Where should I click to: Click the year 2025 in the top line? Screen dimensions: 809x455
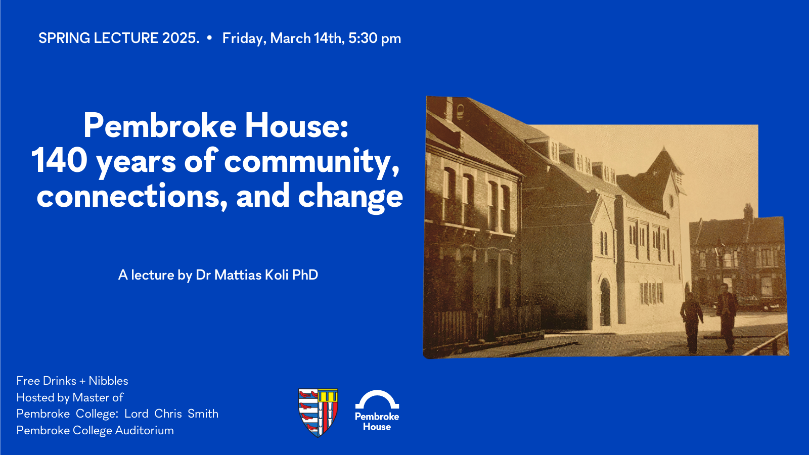pyautogui.click(x=181, y=38)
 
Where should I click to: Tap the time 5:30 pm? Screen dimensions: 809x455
pyautogui.click(x=375, y=38)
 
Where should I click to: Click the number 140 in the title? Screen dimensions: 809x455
pyautogui.click(x=60, y=161)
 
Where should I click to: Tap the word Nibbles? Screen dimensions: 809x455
pyautogui.click(x=108, y=381)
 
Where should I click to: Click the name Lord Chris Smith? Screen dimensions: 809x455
pyautogui.click(x=171, y=414)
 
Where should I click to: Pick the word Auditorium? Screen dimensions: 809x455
pyautogui.click(x=144, y=430)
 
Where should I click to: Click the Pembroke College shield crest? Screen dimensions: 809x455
pyautogui.click(x=318, y=413)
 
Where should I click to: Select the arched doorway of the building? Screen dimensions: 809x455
pyautogui.click(x=605, y=301)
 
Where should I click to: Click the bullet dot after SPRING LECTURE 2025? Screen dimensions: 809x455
pyautogui.click(x=209, y=38)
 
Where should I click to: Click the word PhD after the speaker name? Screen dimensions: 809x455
pyautogui.click(x=305, y=275)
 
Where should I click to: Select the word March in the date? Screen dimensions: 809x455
pyautogui.click(x=290, y=38)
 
